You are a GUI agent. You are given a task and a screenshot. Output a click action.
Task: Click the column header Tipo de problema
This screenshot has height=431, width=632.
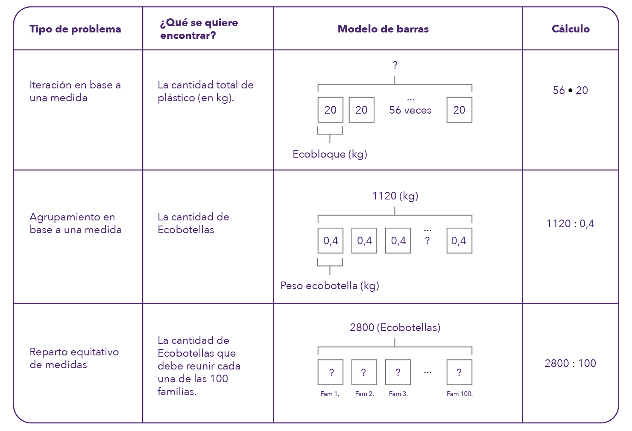pos(75,29)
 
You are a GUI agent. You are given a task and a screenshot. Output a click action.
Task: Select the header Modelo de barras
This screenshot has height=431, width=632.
pos(383,29)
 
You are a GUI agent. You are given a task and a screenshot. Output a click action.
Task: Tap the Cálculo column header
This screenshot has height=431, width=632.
pos(571,29)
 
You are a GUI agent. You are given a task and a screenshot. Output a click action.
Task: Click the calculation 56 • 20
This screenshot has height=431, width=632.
pos(570,90)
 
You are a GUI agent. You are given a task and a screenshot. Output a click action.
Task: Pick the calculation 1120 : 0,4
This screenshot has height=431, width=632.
pos(570,223)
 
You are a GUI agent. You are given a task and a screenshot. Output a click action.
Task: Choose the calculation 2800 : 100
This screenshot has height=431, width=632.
pos(570,363)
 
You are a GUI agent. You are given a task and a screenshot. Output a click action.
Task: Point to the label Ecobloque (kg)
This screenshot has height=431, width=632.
pos(330,154)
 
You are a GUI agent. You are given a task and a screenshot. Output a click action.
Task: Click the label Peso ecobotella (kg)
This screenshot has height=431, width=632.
pos(329,285)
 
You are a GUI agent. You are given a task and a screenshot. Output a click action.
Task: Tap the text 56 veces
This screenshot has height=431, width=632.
pos(410,110)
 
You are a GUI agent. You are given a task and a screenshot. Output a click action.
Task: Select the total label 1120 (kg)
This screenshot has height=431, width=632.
pos(395,196)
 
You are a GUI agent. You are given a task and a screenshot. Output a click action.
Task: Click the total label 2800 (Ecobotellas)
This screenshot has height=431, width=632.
pos(395,328)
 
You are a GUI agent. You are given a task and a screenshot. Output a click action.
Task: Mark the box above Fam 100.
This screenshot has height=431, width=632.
pos(459,372)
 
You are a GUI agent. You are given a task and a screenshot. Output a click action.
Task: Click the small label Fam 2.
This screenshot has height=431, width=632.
pos(364,394)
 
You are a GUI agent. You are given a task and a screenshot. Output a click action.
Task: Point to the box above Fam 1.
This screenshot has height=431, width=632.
pos(331,372)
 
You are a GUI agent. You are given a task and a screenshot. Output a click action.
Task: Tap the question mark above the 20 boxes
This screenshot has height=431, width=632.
pos(395,65)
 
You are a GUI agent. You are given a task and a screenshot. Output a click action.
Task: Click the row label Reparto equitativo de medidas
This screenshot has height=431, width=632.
pos(74,358)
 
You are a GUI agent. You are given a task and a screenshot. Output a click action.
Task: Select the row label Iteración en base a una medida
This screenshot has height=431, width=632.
pos(75,91)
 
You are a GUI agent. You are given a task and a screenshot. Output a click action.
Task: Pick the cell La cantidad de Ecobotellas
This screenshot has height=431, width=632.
pos(193,223)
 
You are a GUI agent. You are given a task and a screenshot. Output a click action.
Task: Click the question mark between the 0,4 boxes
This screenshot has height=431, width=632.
pos(427,241)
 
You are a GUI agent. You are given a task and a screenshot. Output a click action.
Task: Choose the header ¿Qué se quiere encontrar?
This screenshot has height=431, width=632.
pos(199,29)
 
